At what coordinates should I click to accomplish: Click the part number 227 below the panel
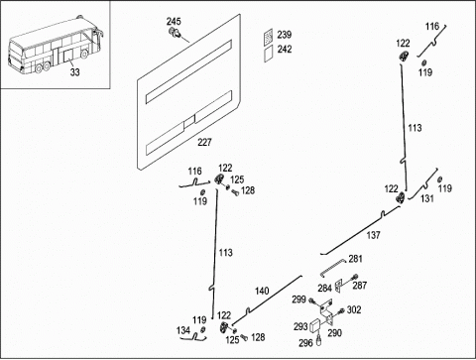(204, 143)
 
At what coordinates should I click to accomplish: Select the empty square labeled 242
(269, 54)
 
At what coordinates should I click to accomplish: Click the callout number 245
(174, 22)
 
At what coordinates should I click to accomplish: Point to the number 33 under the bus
(74, 71)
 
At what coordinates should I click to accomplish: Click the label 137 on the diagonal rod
(373, 235)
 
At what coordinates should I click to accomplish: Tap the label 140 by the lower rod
(262, 292)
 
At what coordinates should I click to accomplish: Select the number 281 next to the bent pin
(355, 259)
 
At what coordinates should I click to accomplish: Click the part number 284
(324, 289)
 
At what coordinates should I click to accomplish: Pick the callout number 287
(360, 286)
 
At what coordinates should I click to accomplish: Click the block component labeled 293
(315, 326)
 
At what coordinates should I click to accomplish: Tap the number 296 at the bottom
(305, 343)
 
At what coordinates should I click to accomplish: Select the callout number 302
(354, 310)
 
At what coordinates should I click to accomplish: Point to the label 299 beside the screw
(298, 300)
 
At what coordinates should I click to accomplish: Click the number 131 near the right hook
(427, 198)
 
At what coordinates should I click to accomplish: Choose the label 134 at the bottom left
(183, 330)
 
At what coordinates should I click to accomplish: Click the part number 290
(334, 333)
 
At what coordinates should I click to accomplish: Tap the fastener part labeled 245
(175, 33)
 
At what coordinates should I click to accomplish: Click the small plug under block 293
(319, 340)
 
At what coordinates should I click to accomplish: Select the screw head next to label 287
(356, 277)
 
